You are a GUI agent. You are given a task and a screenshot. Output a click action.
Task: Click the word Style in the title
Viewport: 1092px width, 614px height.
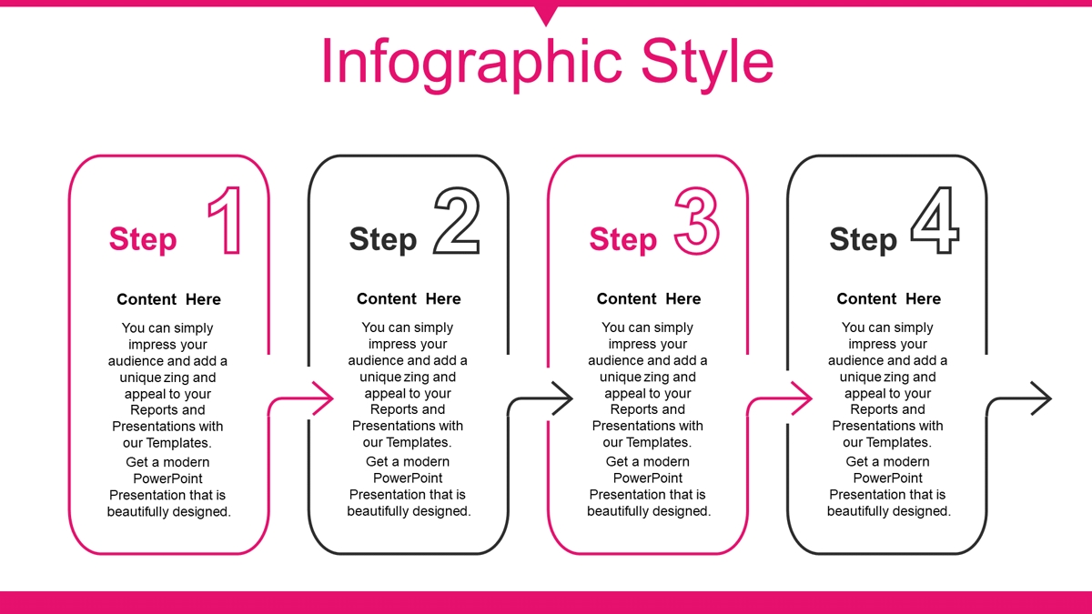click(707, 64)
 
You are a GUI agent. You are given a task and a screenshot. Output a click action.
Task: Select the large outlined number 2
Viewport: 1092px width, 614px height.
click(457, 220)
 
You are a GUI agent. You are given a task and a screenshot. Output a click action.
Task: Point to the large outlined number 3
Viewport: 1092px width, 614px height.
click(697, 221)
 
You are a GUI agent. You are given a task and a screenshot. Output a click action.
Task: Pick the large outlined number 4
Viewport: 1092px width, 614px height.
click(935, 220)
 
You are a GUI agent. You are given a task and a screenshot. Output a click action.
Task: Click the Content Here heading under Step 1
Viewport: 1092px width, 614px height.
click(168, 299)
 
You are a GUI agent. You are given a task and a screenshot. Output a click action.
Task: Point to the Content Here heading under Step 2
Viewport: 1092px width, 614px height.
click(409, 298)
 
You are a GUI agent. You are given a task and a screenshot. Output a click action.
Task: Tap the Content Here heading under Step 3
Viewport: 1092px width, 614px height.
click(649, 298)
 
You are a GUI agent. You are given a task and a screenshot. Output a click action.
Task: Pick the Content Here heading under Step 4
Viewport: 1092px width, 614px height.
click(889, 298)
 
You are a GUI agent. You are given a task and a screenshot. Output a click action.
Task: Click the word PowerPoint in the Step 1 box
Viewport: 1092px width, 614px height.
click(167, 478)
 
